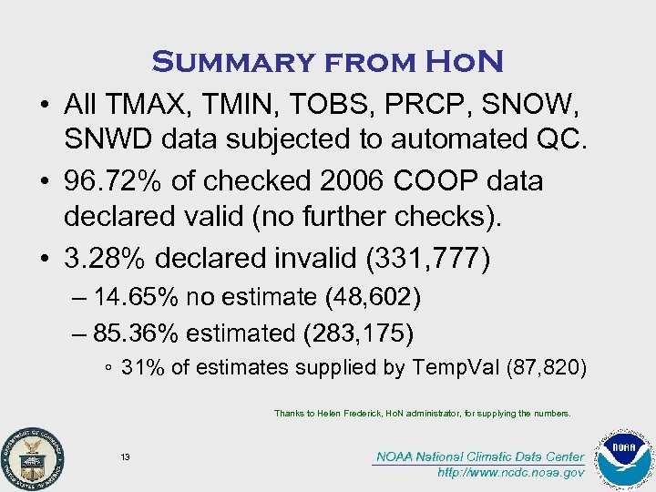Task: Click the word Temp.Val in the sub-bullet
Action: (451, 368)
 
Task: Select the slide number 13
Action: (125, 456)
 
